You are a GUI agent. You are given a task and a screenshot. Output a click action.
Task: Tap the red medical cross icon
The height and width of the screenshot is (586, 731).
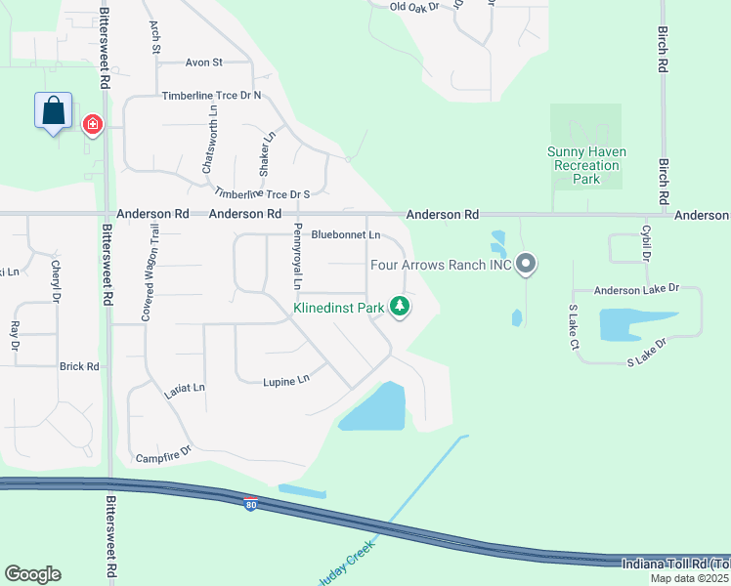coord(93,125)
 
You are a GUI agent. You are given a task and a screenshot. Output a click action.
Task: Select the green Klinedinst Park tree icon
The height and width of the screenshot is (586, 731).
coord(399,308)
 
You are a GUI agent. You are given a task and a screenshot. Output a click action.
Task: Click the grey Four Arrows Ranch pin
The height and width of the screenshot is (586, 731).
coord(526,264)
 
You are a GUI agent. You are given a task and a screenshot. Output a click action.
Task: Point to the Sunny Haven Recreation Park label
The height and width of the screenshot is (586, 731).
coord(586,165)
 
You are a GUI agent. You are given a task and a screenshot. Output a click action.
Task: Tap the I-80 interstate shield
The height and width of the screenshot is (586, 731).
coord(251,504)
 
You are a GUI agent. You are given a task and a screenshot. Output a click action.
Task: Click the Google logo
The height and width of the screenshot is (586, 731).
coord(32,574)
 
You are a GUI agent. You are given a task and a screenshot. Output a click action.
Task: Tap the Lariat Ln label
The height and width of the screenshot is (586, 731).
coord(185,388)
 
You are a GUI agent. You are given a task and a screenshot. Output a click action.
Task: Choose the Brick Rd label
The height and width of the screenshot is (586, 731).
coord(79,366)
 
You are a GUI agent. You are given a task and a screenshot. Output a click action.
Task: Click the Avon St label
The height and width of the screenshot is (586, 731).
coord(204,62)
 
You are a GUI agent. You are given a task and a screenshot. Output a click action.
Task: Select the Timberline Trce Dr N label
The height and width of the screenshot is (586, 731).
coord(211,96)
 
